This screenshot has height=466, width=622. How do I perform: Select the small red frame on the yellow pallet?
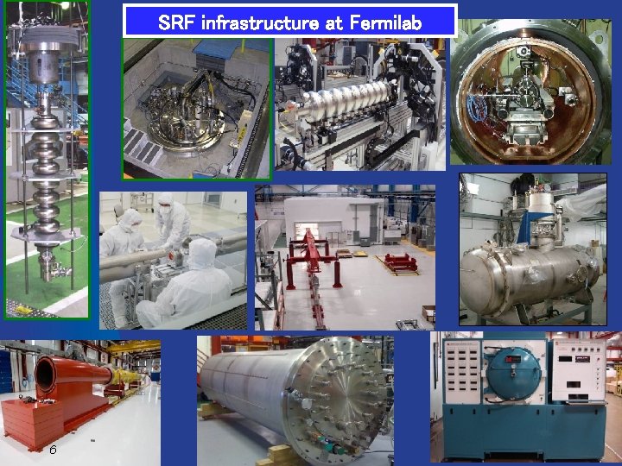point(397,262)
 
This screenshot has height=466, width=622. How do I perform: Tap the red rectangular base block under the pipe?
point(30,424)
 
